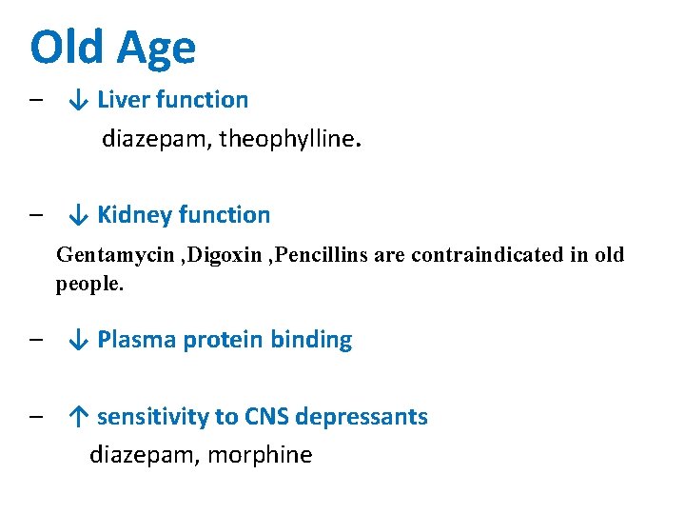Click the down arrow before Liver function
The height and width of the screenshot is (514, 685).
pos(80,100)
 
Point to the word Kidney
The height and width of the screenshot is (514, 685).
pos(133,215)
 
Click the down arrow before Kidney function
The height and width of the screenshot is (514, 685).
pos(80,215)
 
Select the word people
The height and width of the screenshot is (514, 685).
pos(89,285)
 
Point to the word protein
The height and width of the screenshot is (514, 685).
pos(223,340)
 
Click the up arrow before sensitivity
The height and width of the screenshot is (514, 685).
pos(80,417)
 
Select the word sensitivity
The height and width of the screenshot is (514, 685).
pos(153,417)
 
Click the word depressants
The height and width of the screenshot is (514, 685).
pos(362,417)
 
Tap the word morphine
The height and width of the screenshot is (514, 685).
pos(260,455)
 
